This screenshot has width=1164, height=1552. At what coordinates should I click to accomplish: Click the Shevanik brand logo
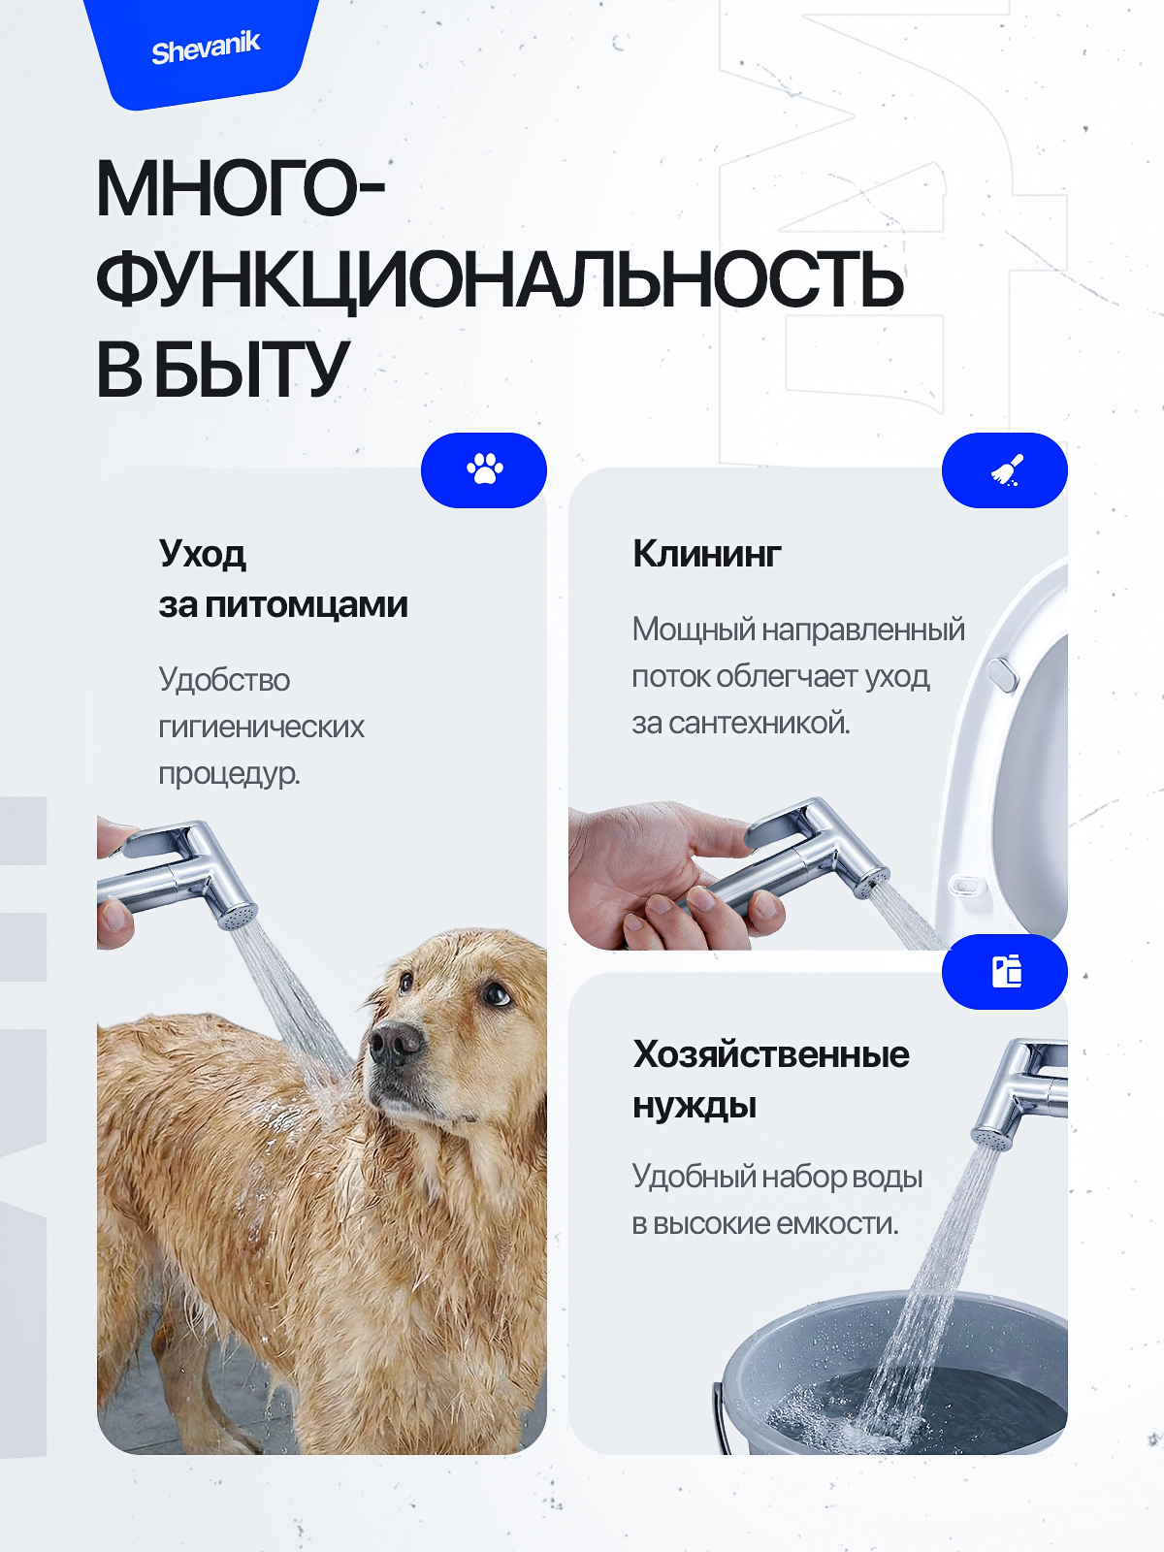point(206,48)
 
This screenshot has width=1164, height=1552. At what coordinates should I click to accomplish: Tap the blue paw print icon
point(484,469)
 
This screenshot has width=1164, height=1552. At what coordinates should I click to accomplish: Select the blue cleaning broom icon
point(1006,470)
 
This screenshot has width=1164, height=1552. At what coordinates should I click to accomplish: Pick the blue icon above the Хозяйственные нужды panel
point(1006,971)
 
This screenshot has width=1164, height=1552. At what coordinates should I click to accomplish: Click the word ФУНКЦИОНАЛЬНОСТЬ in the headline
point(500,280)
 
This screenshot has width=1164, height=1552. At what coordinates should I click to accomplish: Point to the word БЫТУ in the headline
point(251,370)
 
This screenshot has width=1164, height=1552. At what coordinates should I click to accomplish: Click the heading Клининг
point(706,554)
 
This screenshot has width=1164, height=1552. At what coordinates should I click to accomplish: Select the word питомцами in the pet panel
point(307,605)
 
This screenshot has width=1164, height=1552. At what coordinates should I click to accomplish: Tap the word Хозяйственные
point(771,1054)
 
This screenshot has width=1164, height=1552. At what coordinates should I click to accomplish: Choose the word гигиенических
point(261,727)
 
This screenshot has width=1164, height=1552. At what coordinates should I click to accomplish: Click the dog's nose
point(394,1043)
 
